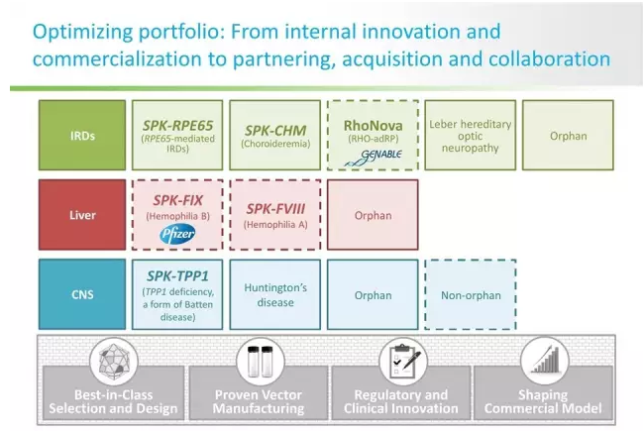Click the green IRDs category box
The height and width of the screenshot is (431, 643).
pos(83,136)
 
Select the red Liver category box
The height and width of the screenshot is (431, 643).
pos(83,214)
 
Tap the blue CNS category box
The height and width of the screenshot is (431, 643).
pos(83,294)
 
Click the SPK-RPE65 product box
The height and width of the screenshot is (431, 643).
pos(176,136)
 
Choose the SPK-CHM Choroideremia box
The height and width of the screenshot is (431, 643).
pos(274,136)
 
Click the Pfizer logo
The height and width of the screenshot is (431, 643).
pos(178,234)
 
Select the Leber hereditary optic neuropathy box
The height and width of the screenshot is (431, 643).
pos(471,136)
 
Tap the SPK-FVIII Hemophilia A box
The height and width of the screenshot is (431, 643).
pos(274,214)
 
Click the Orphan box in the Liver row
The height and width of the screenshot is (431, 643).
pos(373,214)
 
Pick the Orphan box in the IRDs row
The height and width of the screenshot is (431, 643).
pos(569,136)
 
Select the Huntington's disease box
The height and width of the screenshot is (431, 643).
pos(274,294)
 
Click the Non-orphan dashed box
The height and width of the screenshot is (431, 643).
pos(470,294)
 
